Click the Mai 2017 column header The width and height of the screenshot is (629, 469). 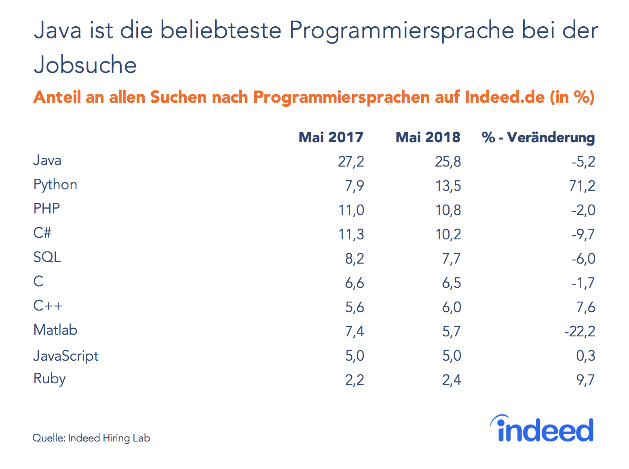[x=331, y=137]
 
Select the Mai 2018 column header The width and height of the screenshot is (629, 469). [x=428, y=137]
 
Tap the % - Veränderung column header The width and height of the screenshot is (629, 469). [x=538, y=137]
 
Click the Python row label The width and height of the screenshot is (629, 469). [x=55, y=185]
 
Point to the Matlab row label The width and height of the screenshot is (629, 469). [x=55, y=330]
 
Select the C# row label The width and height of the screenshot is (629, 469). [x=42, y=233]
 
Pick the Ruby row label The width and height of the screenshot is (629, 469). [x=49, y=379]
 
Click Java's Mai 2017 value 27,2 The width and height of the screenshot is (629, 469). [x=351, y=162]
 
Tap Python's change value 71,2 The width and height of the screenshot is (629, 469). [x=583, y=186]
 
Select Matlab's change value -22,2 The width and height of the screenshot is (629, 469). [x=580, y=332]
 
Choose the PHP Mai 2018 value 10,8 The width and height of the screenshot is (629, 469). [x=448, y=210]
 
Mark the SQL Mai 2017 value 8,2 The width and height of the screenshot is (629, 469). [x=355, y=259]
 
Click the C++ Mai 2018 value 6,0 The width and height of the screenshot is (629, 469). [x=452, y=307]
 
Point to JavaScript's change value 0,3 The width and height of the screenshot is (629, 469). [x=586, y=356]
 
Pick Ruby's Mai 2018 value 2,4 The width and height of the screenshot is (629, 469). [x=452, y=380]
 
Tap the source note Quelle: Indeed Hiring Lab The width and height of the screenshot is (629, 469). [x=91, y=438]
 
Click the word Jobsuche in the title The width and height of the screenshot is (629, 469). [x=85, y=65]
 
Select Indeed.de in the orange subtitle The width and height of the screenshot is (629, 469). [x=504, y=97]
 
